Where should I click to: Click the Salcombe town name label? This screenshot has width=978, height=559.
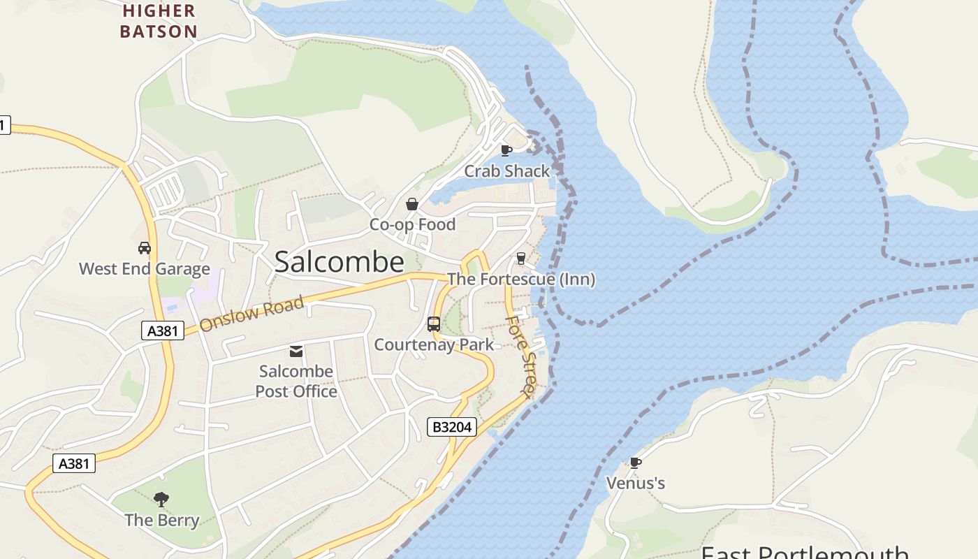coord(339,262)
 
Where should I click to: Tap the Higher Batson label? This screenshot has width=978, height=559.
coord(159,21)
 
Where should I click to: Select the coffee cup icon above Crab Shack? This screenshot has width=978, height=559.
coord(506,150)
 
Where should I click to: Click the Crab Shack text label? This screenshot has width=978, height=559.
coord(507,171)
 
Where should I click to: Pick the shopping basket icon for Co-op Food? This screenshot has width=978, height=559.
coord(412,204)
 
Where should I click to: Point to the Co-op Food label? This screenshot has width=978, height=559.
coord(412,224)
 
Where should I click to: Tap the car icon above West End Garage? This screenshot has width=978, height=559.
coord(145,248)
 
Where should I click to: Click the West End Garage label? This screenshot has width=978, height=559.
coord(145,269)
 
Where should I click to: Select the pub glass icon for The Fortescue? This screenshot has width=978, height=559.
coord(520,259)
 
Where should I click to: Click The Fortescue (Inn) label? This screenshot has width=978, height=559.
coord(521,279)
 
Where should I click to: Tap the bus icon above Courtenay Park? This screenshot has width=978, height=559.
coord(434,324)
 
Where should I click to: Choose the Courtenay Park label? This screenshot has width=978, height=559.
coord(434,344)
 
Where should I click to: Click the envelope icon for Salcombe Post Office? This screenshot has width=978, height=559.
coord(296,351)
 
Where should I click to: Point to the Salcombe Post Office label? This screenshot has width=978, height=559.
coord(296,381)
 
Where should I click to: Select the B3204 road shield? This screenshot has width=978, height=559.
coord(452,427)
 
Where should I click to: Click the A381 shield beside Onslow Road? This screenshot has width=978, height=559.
coord(163,331)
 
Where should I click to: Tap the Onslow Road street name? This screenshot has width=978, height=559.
coord(251,314)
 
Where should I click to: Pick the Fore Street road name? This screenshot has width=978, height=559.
coord(522,356)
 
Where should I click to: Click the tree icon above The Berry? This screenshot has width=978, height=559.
coord(161,499)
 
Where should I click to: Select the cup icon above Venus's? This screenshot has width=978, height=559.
coord(636,463)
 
